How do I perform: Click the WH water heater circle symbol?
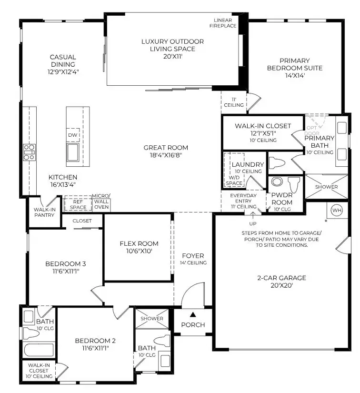tap(337, 210)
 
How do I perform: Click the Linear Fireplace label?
tap(225, 22)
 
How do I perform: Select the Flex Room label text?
tap(139, 243)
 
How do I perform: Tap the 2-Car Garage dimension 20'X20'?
tap(280, 286)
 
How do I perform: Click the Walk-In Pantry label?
tap(44, 212)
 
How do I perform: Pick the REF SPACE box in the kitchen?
tap(78, 204)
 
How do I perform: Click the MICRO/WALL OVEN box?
tap(101, 202)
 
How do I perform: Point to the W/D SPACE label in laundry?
tap(234, 180)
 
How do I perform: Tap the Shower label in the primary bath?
tap(326, 187)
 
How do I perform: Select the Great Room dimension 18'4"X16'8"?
tap(166, 155)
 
